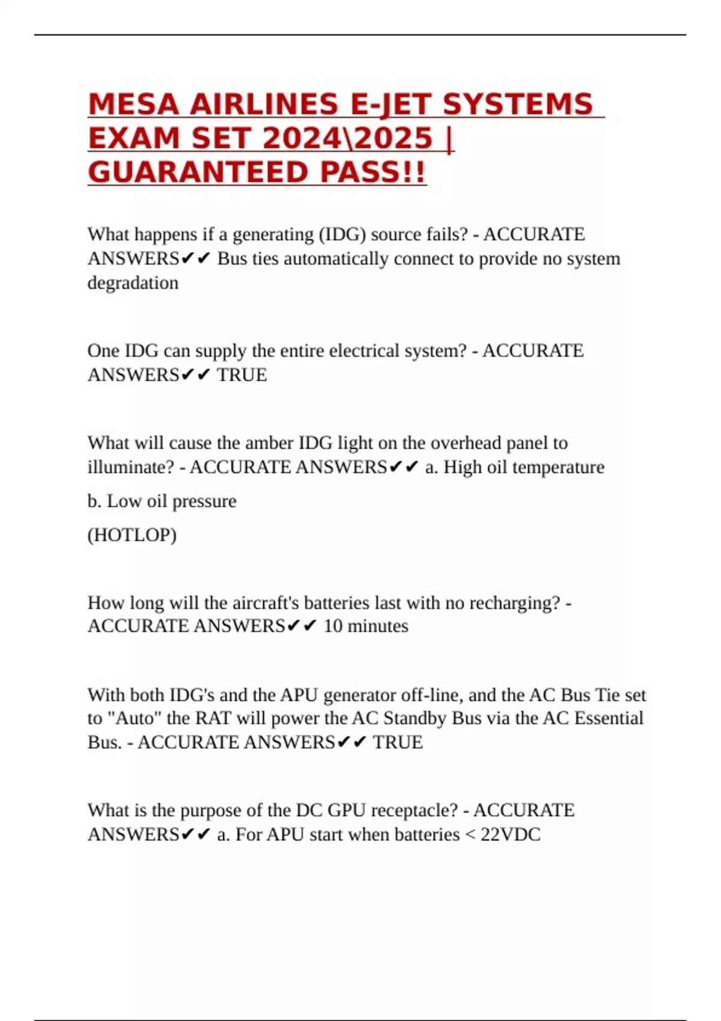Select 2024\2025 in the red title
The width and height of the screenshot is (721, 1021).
(x=348, y=139)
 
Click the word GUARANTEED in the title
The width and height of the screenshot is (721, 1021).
(x=199, y=173)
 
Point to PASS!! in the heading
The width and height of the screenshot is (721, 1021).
(x=373, y=173)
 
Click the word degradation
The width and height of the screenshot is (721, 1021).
(x=133, y=283)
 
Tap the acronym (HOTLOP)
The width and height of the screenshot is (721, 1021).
(x=132, y=535)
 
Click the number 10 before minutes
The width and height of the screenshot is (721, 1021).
(x=333, y=626)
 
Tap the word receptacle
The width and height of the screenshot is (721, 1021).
(x=414, y=810)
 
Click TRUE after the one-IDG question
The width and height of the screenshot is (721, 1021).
(x=242, y=375)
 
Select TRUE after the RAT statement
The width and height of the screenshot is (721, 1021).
(x=398, y=742)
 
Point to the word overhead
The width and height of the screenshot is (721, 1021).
(x=466, y=443)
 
